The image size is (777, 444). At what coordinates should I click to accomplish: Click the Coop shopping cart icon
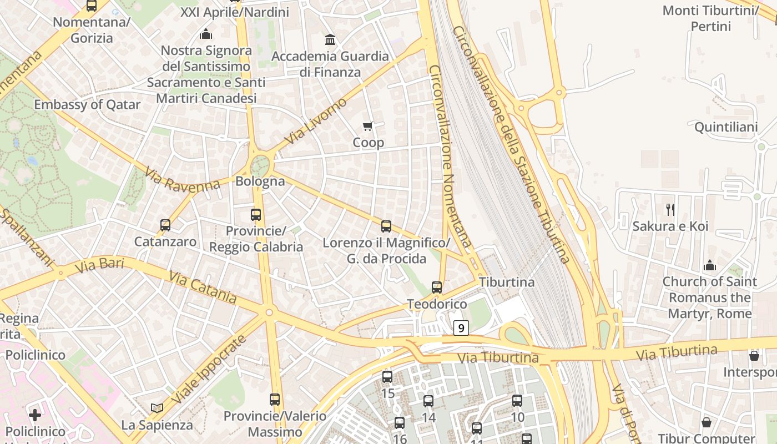pyautogui.click(x=368, y=127)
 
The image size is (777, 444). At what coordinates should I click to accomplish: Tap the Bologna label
pyautogui.click(x=260, y=181)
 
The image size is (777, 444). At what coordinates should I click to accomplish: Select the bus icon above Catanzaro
pyautogui.click(x=165, y=225)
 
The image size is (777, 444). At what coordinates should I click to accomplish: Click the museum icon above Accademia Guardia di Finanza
pyautogui.click(x=330, y=40)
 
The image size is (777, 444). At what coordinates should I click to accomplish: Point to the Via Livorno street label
pyautogui.click(x=315, y=122)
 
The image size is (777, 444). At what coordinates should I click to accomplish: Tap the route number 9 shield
pyautogui.click(x=461, y=328)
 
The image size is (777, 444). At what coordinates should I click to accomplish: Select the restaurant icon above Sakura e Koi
pyautogui.click(x=670, y=209)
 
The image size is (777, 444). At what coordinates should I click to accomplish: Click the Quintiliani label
pyautogui.click(x=726, y=127)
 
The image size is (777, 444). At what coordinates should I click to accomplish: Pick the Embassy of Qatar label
pyautogui.click(x=87, y=104)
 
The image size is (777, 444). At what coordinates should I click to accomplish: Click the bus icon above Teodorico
pyautogui.click(x=437, y=287)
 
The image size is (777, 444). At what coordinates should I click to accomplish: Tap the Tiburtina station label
pyautogui.click(x=507, y=282)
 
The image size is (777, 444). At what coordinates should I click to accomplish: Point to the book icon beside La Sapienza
pyautogui.click(x=157, y=408)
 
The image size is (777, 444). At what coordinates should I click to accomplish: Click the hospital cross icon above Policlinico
pyautogui.click(x=35, y=415)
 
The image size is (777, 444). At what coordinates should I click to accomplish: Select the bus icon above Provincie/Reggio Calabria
pyautogui.click(x=256, y=214)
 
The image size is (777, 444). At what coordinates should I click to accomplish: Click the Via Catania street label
pyautogui.click(x=203, y=287)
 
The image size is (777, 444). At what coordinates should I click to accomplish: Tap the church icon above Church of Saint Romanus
pyautogui.click(x=709, y=265)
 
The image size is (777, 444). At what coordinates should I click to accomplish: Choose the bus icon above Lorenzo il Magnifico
pyautogui.click(x=386, y=226)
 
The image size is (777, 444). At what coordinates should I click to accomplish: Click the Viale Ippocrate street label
pyautogui.click(x=208, y=370)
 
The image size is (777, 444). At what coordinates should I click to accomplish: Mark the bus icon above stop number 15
pyautogui.click(x=387, y=377)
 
